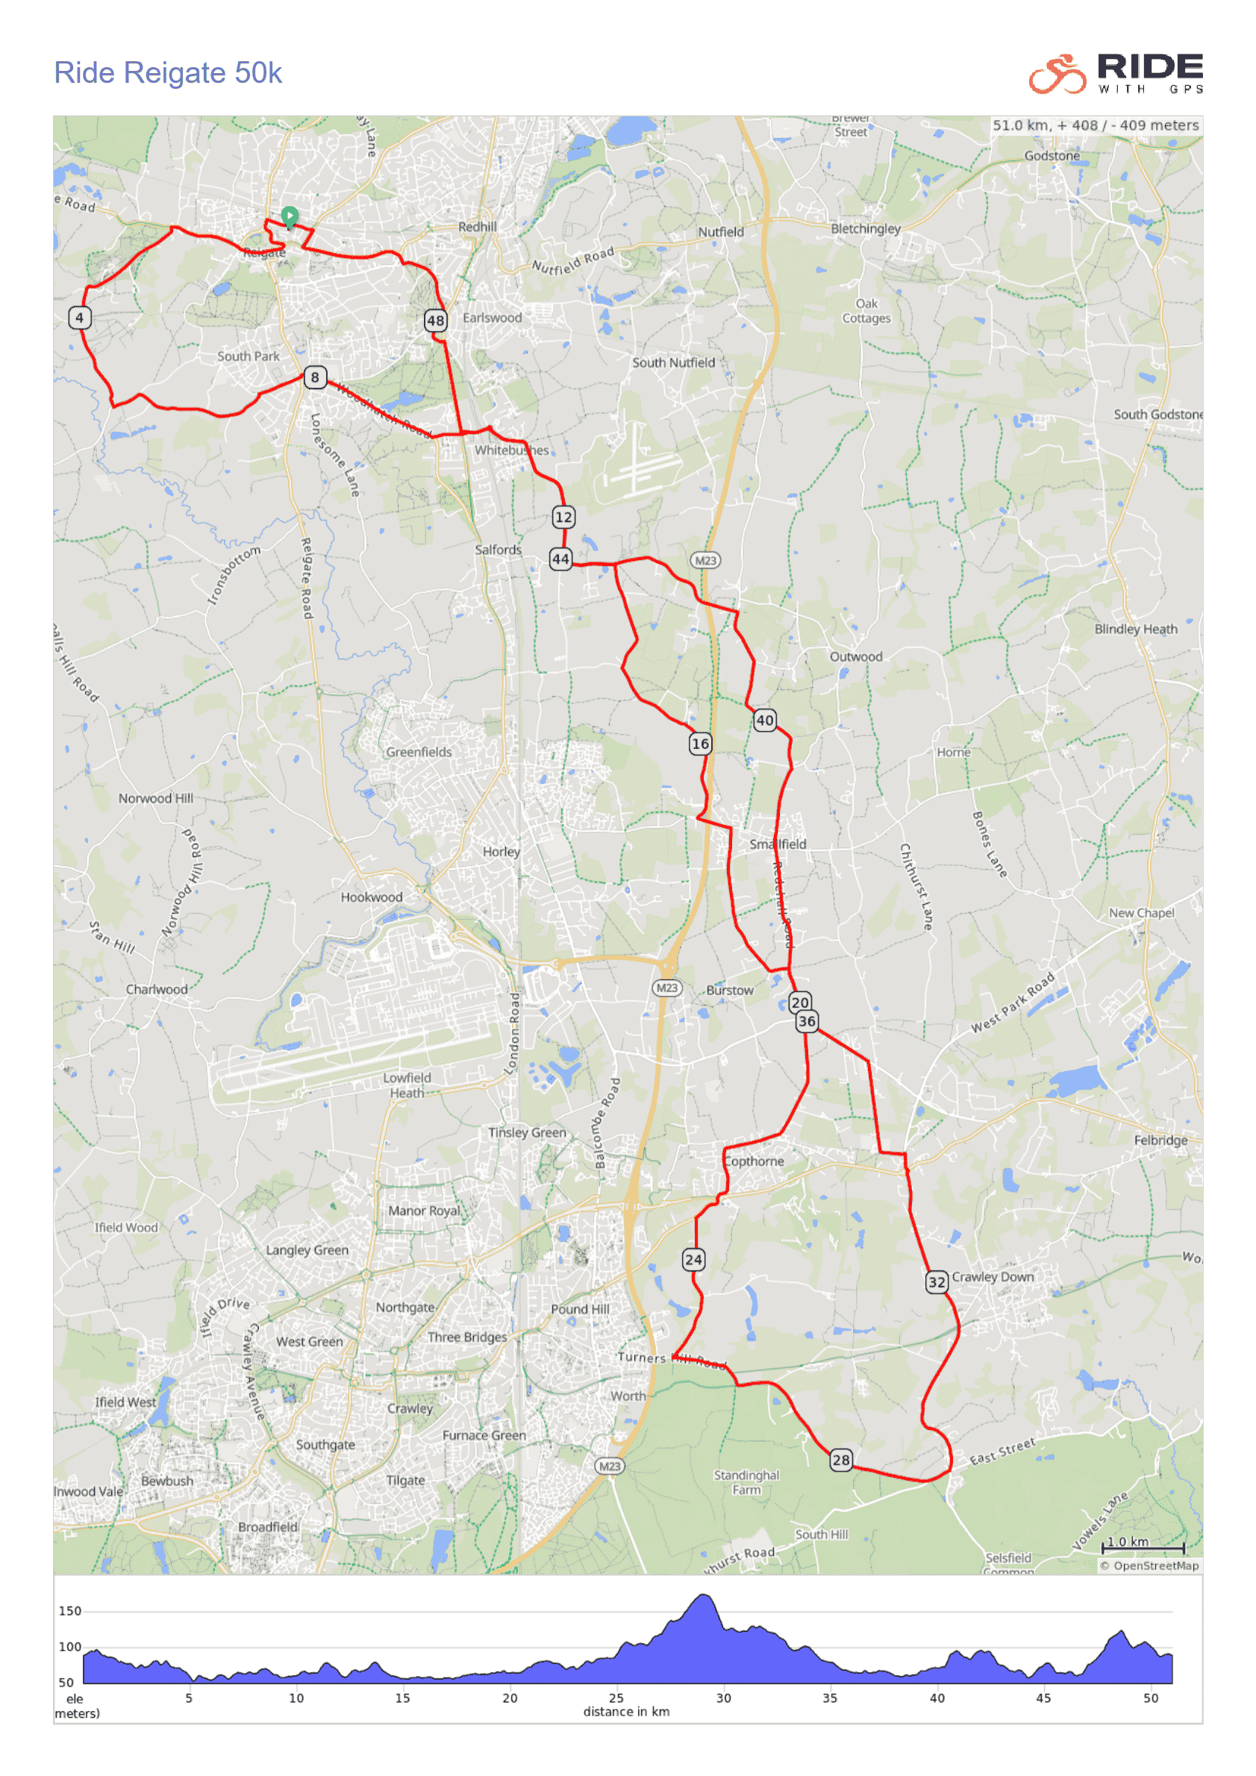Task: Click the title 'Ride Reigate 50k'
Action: (x=167, y=72)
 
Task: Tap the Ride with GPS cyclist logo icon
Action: (x=1057, y=75)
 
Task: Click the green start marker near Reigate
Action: (x=290, y=216)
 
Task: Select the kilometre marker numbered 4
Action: (x=80, y=318)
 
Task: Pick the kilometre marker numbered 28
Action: (x=841, y=1460)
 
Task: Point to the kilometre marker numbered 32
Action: (x=937, y=1282)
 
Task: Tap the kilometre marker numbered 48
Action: (x=436, y=320)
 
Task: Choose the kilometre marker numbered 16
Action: (x=700, y=744)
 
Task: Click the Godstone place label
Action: (x=1052, y=155)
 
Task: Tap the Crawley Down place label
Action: (x=993, y=1277)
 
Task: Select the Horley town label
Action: (x=502, y=852)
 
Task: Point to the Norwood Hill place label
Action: (x=155, y=798)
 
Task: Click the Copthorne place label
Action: (x=754, y=1162)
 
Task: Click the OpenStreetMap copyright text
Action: (x=1149, y=1566)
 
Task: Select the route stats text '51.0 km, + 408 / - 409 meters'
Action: (x=1096, y=125)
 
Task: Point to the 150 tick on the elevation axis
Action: (x=69, y=1611)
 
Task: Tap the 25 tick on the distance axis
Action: (x=616, y=1698)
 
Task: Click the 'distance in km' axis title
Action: (x=626, y=1712)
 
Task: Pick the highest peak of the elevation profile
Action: (x=704, y=1595)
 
